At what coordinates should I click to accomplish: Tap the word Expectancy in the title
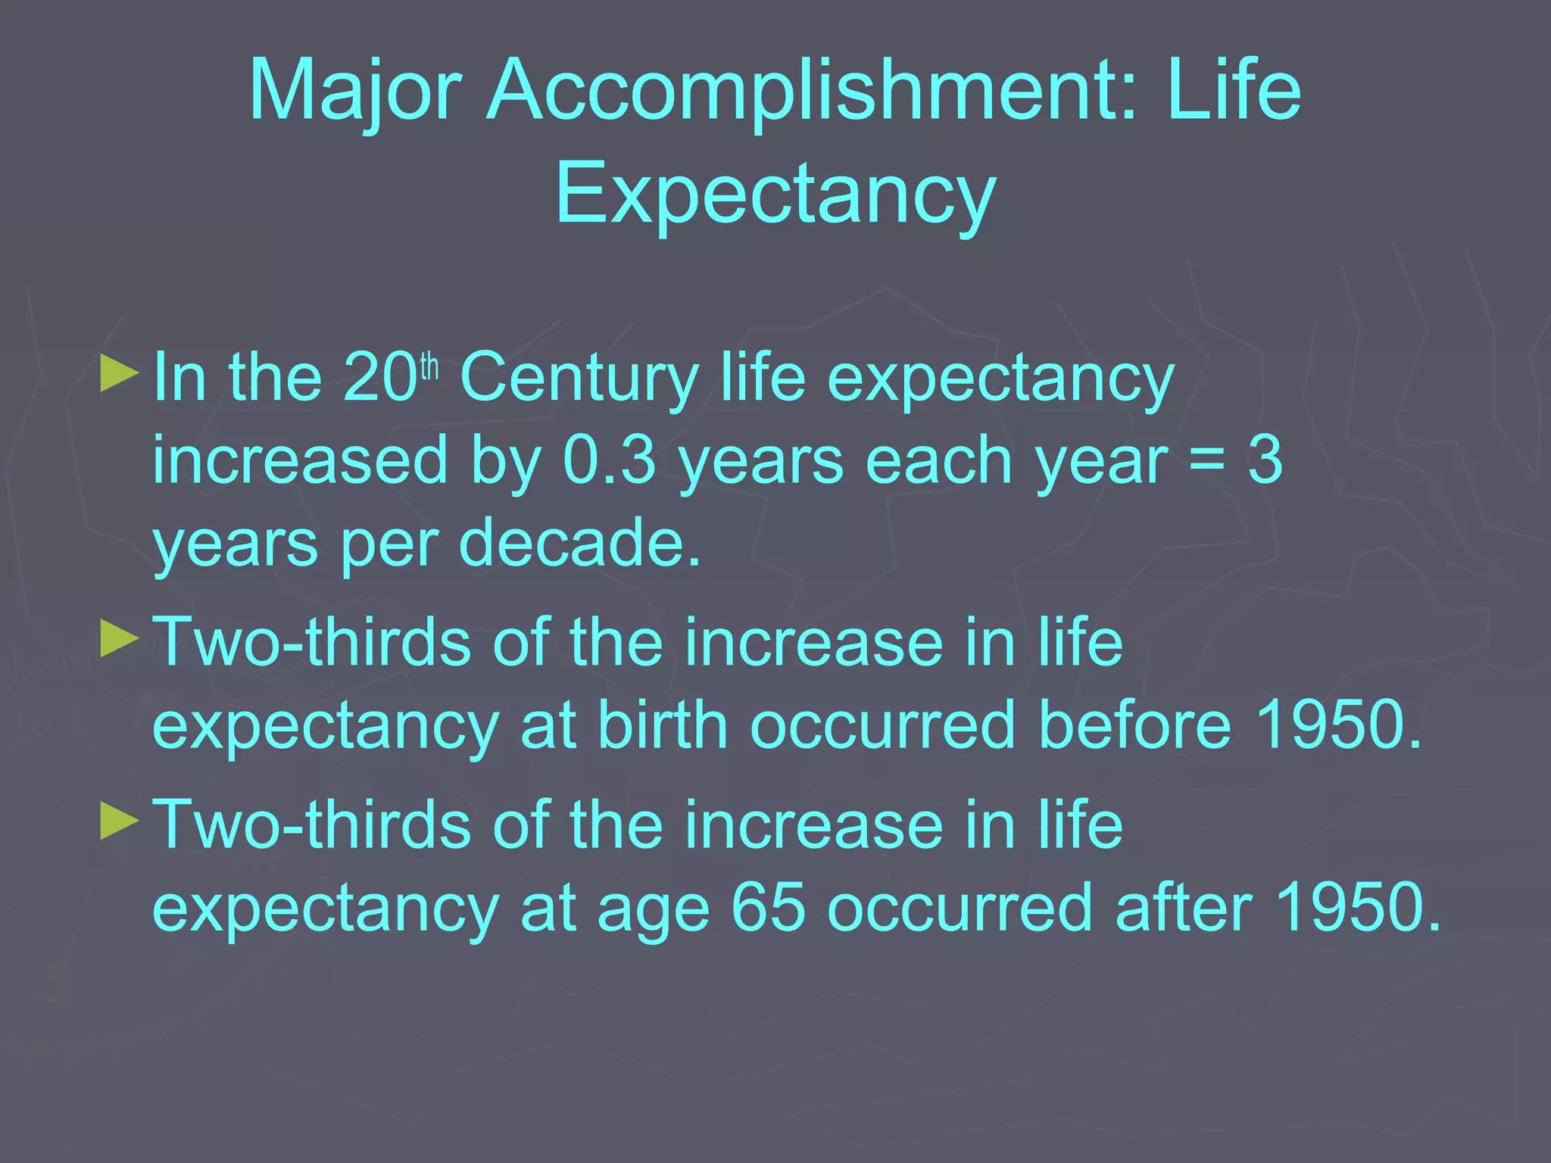coord(775,194)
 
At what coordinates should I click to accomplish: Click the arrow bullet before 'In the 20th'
coord(120,373)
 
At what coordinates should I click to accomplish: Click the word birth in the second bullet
coord(663,725)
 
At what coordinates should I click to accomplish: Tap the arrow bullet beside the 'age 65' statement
coord(120,821)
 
